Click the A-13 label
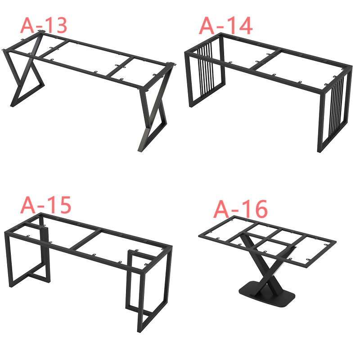tap(44, 25)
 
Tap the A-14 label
tap(226, 26)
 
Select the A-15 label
tap(45, 205)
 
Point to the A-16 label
tap(240, 209)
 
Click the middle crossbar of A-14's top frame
tap(265, 60)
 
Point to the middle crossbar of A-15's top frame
tap(85, 241)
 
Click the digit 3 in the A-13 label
tap(60, 25)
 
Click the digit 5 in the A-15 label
tap(64, 205)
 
